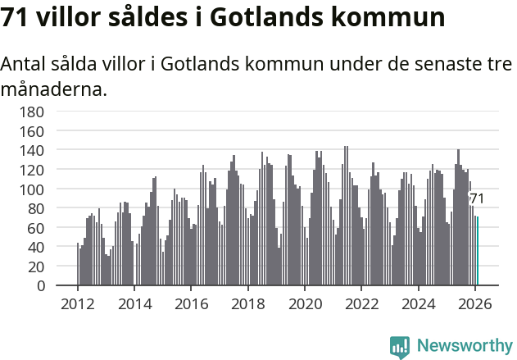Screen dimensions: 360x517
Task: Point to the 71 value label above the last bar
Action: tap(477, 199)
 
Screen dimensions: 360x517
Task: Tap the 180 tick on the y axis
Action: tap(32, 112)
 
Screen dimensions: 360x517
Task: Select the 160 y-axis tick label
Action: tap(32, 131)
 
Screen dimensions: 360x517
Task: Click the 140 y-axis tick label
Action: tap(32, 150)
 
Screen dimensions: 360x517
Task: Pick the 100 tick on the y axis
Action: tap(32, 189)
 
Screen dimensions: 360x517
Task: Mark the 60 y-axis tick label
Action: tap(36, 228)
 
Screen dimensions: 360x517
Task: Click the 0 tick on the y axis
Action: tap(40, 286)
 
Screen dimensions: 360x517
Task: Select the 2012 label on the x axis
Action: tap(78, 303)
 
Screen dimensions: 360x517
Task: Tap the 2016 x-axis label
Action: tap(191, 303)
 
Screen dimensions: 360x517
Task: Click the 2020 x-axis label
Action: tap(305, 303)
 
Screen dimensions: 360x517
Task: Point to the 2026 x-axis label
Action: tap(475, 303)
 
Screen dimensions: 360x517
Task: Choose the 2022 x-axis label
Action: tap(361, 303)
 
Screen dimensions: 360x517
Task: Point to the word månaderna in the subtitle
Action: tap(53, 89)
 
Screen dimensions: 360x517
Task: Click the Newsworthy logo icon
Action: tap(400, 347)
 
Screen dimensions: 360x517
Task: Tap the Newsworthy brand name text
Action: tap(464, 346)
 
